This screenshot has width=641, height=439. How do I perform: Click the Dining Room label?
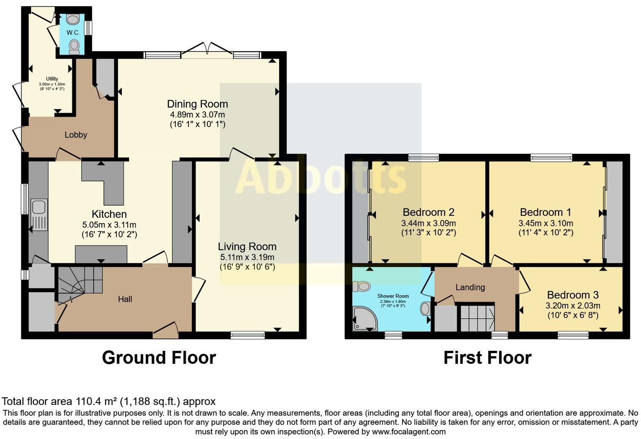pyautogui.click(x=197, y=104)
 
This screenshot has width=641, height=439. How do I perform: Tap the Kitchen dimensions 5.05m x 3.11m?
pyautogui.click(x=109, y=225)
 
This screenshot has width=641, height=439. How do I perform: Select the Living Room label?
pyautogui.click(x=247, y=247)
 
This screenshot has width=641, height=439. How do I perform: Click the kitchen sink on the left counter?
pyautogui.click(x=38, y=208)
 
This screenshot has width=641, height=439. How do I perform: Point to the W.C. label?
pyautogui.click(x=73, y=33)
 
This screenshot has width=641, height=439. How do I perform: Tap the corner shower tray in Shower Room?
pyautogui.click(x=364, y=318)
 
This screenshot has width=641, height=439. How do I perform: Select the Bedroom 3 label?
pyautogui.click(x=573, y=295)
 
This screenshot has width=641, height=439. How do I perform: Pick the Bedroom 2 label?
pyautogui.click(x=428, y=212)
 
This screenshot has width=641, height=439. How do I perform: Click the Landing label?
pyautogui.click(x=470, y=287)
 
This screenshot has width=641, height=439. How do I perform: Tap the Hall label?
pyautogui.click(x=125, y=299)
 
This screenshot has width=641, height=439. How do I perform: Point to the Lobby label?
pyautogui.click(x=76, y=135)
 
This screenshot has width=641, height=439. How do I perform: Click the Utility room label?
pyautogui.click(x=52, y=79)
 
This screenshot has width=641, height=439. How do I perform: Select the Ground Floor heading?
pyautogui.click(x=159, y=358)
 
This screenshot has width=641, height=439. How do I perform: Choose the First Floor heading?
pyautogui.click(x=487, y=358)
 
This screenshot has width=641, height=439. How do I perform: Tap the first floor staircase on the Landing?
pyautogui.click(x=477, y=317)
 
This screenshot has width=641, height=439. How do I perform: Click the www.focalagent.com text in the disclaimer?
pyautogui.click(x=409, y=432)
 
